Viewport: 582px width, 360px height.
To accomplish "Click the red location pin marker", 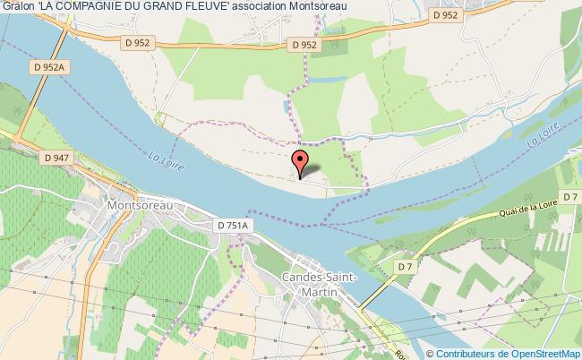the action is click(x=301, y=162).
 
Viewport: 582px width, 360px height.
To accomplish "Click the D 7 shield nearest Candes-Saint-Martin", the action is click(x=407, y=268).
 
